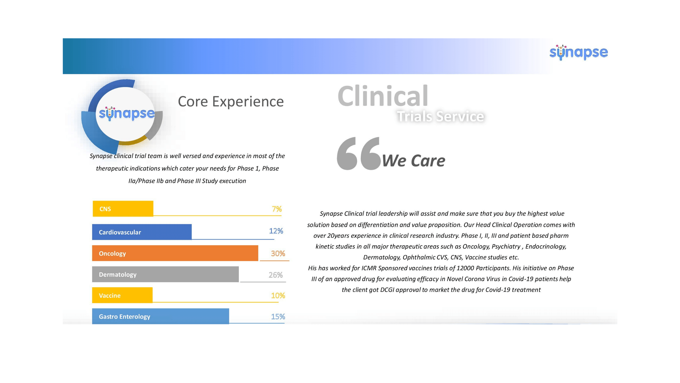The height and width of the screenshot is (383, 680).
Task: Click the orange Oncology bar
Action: click(x=175, y=253)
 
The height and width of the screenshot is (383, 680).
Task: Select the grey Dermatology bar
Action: click(x=165, y=274)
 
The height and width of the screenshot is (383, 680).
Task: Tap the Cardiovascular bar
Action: click(x=142, y=232)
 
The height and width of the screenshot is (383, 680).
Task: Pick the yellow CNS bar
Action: click(x=123, y=209)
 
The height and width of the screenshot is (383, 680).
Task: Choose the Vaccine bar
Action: click(x=122, y=295)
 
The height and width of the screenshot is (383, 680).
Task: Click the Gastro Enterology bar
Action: click(x=160, y=316)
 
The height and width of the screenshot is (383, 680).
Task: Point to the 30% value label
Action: click(x=278, y=254)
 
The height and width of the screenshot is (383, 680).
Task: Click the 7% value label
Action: click(x=277, y=209)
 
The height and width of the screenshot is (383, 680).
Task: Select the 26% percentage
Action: click(x=276, y=275)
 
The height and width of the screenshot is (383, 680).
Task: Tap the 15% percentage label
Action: click(x=278, y=316)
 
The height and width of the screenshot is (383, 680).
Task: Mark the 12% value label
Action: click(x=276, y=231)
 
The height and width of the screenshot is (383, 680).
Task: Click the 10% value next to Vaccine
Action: click(x=278, y=295)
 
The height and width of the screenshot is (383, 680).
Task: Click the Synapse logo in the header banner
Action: click(x=579, y=52)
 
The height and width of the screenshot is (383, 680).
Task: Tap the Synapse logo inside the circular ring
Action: click(x=127, y=114)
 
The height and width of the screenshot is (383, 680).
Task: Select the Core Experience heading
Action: click(x=231, y=102)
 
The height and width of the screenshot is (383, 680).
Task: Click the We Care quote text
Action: click(x=414, y=160)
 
